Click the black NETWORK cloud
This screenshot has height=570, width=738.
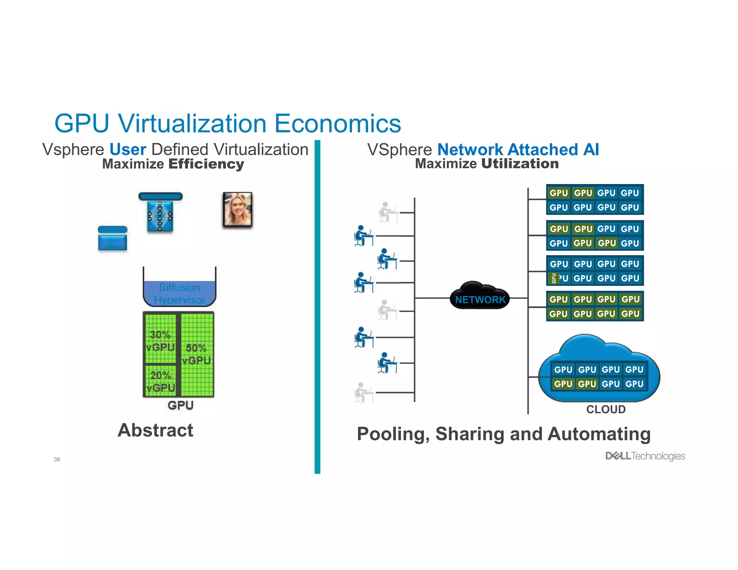coord(480,297)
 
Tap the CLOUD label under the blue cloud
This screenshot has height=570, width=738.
coord(606,409)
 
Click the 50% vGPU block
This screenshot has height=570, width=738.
coord(197,355)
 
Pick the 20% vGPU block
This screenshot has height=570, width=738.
coord(160,381)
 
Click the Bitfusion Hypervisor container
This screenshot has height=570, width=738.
coord(179,293)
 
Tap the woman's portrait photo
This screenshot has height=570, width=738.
coord(237,210)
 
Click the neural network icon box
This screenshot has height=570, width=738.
coord(160,215)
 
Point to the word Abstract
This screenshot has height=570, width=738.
coord(155,430)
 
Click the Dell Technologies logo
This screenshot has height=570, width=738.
coord(645,456)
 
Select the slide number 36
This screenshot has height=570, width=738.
coord(57,459)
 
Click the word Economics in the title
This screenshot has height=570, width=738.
coord(338,124)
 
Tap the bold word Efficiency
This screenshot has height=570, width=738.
coord(206,164)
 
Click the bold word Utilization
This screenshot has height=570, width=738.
coord(520,164)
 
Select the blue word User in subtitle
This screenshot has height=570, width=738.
coord(128,150)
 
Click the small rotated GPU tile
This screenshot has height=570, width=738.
coord(554,278)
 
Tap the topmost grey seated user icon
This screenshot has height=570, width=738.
coord(387,212)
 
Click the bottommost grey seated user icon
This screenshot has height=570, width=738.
coord(363,392)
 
